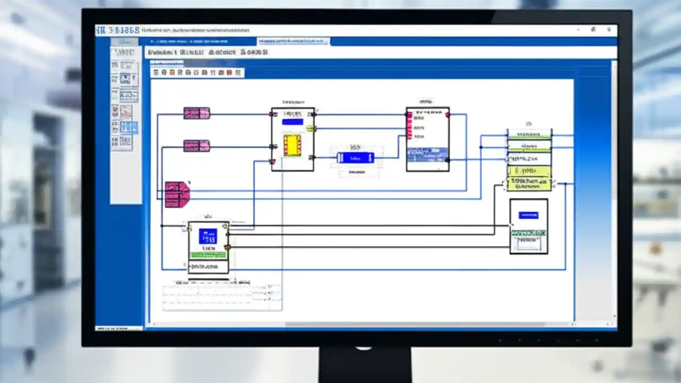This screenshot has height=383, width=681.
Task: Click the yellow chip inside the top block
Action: coord(292,145)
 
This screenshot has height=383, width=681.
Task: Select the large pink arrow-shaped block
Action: coord(177,194)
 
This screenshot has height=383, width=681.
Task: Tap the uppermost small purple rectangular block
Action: coord(196,113)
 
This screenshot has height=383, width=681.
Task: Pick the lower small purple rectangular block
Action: coord(196,146)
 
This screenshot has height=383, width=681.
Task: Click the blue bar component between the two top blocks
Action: coord(355,157)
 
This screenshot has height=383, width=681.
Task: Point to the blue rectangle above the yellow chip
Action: coord(292,122)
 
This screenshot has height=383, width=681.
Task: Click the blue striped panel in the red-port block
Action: coord(427,154)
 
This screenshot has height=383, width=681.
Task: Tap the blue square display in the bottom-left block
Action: coord(207,236)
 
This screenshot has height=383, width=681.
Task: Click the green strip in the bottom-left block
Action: coord(208,255)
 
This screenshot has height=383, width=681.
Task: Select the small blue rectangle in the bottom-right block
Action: coord(528,215)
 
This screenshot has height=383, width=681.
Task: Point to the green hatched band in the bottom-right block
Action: coord(528,233)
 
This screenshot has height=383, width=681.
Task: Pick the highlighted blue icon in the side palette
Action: coord(128,127)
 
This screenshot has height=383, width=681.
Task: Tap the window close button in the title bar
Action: coord(608,30)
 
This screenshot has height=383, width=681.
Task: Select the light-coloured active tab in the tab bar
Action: coord(293,41)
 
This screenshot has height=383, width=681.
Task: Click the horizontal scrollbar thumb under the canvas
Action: coord(415,324)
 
